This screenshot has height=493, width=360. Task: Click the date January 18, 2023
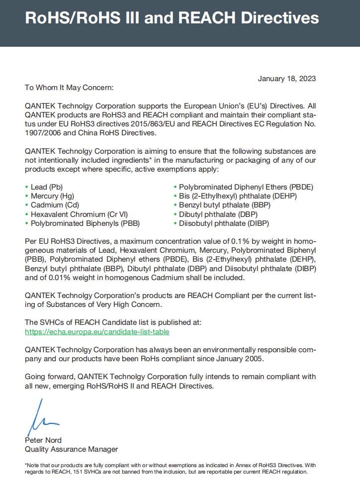(286, 79)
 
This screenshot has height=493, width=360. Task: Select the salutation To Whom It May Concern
(69, 88)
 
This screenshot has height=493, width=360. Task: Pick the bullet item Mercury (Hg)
(52, 196)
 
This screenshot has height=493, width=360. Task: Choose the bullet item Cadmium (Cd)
(55, 205)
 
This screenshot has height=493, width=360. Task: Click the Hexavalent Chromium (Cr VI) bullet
(79, 214)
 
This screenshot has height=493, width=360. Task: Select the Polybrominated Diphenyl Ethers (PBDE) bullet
(246, 187)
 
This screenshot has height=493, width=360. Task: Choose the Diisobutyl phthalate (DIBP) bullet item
(224, 223)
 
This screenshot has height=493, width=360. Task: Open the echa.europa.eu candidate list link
(97, 331)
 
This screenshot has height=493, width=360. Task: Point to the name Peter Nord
(43, 440)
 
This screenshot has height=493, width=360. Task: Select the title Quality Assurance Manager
(71, 449)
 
